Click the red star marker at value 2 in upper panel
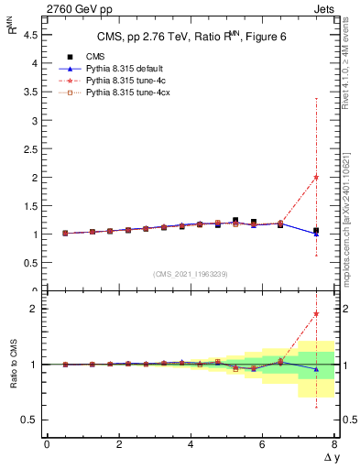[316, 177]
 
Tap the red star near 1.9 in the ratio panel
[316, 314]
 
